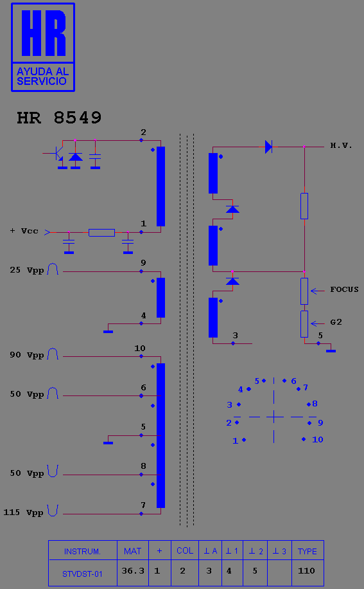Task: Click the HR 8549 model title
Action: click(59, 118)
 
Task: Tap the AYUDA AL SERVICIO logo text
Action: click(42, 77)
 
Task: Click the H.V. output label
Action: click(341, 145)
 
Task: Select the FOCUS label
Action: click(344, 289)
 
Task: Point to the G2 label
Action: click(336, 322)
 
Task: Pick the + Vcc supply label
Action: click(24, 231)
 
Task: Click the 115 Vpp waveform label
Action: click(23, 512)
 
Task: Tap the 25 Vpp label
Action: click(26, 270)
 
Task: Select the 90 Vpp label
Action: click(26, 355)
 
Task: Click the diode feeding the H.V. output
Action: click(268, 147)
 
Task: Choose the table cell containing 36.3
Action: click(133, 571)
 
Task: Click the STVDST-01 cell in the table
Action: click(82, 574)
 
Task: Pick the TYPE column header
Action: click(308, 551)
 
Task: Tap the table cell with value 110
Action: click(308, 571)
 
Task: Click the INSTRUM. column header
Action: click(82, 551)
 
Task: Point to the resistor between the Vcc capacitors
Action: click(101, 233)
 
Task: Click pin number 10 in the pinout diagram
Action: click(318, 439)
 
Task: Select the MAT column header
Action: click(133, 551)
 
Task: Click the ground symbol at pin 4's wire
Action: click(108, 331)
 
